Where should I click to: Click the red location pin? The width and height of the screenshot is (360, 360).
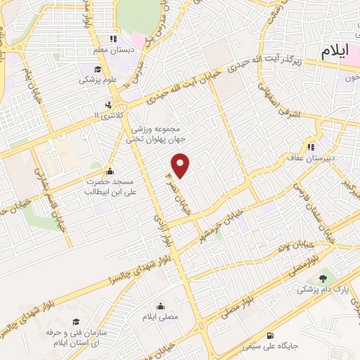pos(181,165)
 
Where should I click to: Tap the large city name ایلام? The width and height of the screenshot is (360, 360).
pos(340,51)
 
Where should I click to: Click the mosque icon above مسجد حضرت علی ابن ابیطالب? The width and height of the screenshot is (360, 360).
pos(109,171)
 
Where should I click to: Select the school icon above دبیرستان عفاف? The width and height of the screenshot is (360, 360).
pos(309,147)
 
